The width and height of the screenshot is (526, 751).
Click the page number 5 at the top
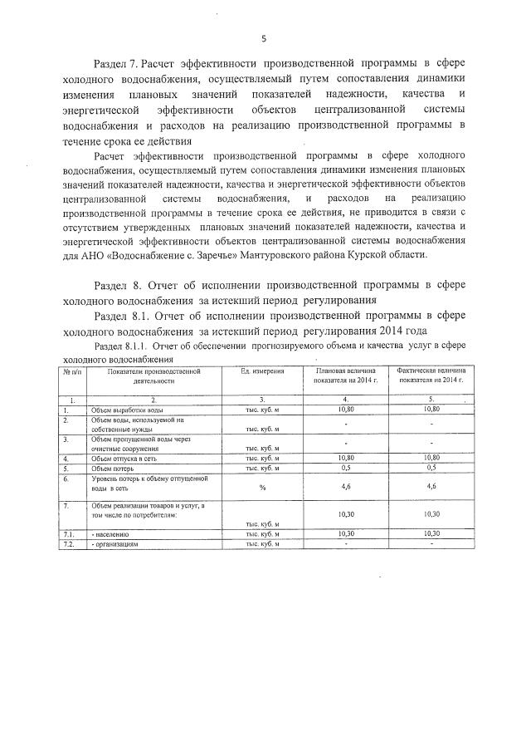263,38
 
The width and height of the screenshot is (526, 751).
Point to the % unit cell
262,488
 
